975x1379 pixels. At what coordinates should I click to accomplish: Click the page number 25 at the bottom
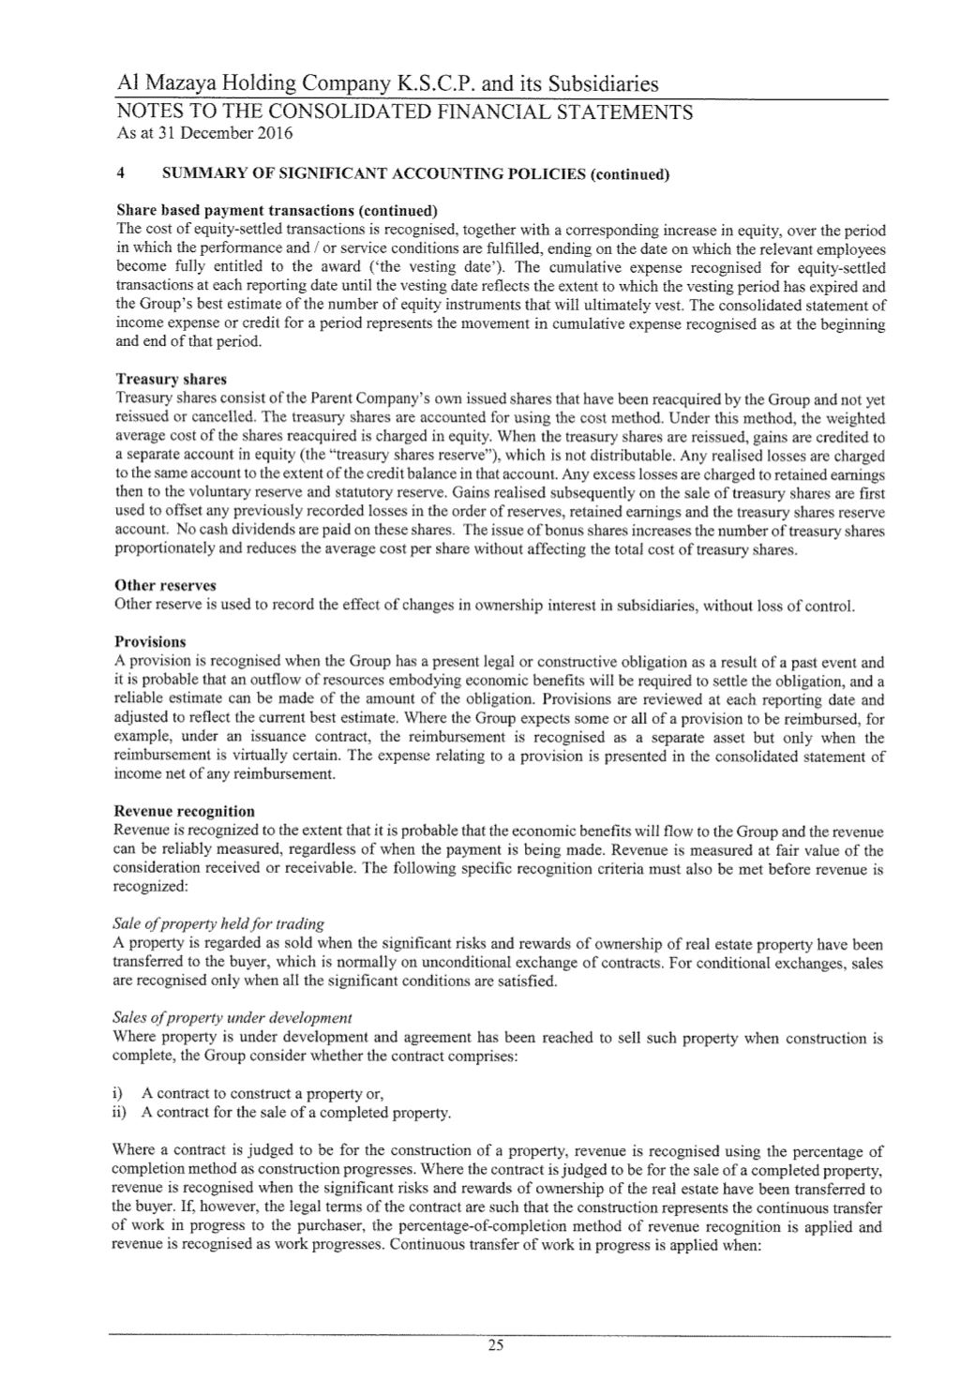click(496, 1346)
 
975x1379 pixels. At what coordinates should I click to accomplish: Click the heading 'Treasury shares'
click(171, 380)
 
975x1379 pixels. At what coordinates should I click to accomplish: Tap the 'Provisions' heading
click(150, 642)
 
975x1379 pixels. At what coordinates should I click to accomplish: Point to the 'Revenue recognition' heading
click(184, 811)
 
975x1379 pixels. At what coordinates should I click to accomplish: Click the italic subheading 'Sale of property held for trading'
click(218, 924)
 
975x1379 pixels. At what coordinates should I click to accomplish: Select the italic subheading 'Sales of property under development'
click(232, 1018)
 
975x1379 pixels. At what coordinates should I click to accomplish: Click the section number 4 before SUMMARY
click(118, 173)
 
